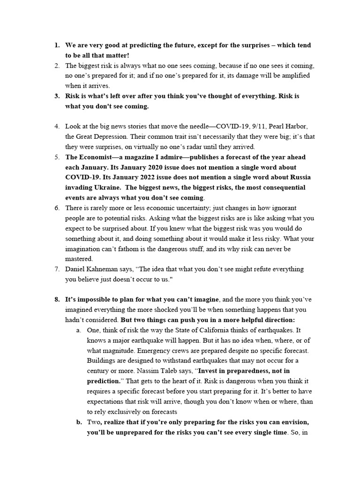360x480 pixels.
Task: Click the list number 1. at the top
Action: [x=56, y=45]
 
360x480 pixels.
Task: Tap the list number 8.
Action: [x=56, y=299]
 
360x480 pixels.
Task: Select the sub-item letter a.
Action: [x=78, y=330]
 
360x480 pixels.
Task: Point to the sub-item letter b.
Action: [x=78, y=421]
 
